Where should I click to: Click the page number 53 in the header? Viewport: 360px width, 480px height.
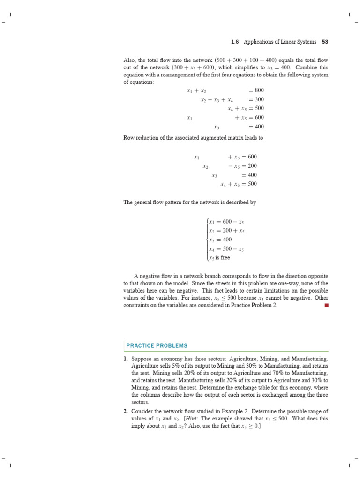pyautogui.click(x=325, y=42)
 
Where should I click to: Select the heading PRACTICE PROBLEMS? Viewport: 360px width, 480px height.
pyautogui.click(x=157, y=346)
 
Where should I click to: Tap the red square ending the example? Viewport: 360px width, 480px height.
pyautogui.click(x=326, y=305)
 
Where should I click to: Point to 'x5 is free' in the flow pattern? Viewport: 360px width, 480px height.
pyautogui.click(x=220, y=257)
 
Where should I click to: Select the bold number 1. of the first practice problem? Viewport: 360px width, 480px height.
pyautogui.click(x=126, y=359)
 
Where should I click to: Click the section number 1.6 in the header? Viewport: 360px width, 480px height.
pyautogui.click(x=235, y=42)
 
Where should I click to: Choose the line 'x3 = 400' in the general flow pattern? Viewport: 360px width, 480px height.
pyautogui.click(x=220, y=240)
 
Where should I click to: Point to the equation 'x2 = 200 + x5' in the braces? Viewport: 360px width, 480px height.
pyautogui.click(x=227, y=231)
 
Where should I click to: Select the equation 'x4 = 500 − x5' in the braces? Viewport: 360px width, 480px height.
pyautogui.click(x=226, y=248)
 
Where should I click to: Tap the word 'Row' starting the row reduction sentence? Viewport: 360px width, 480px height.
pyautogui.click(x=129, y=138)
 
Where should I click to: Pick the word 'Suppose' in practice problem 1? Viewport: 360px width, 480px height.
pyautogui.click(x=142, y=359)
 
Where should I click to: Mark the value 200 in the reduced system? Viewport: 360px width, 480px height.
pyautogui.click(x=252, y=166)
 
